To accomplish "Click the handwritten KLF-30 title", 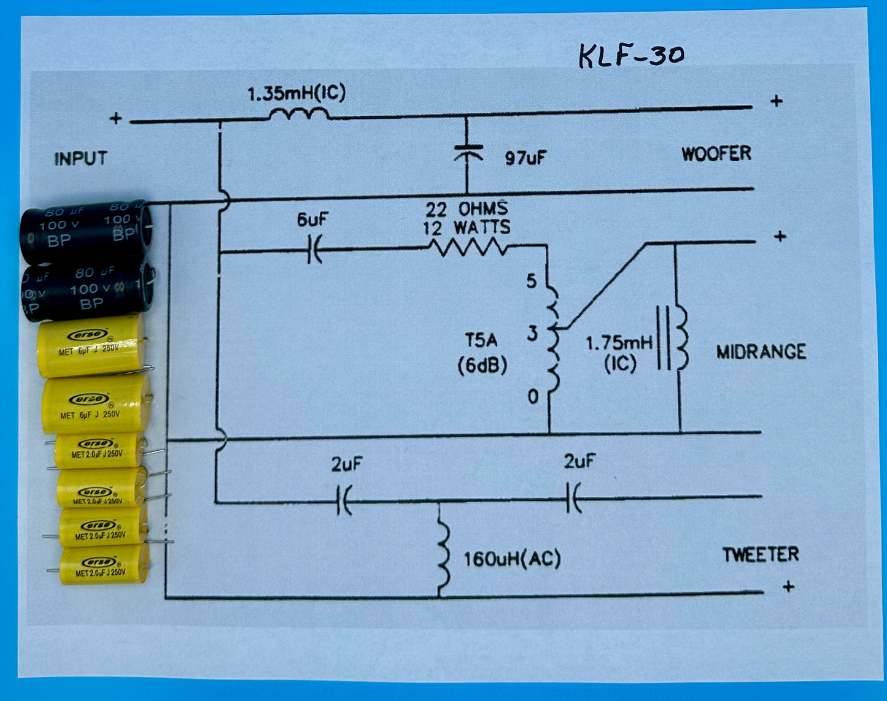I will click(x=632, y=56).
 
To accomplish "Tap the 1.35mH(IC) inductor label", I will click(x=296, y=94).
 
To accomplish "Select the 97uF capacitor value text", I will click(x=525, y=158).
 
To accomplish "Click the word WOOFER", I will click(x=716, y=153).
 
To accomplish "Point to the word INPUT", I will click(x=80, y=159).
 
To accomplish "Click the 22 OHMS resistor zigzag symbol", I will click(x=468, y=248).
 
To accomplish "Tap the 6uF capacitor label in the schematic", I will click(x=311, y=220).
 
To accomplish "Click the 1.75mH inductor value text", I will click(x=619, y=343).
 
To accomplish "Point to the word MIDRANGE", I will click(x=761, y=352).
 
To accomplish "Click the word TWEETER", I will click(x=760, y=555).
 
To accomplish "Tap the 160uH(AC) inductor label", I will click(x=512, y=559).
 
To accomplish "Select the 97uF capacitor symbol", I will click(x=467, y=151).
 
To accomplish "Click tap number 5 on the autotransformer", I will click(x=531, y=281).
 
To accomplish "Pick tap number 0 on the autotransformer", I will click(x=533, y=397).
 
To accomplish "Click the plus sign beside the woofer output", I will click(x=777, y=101).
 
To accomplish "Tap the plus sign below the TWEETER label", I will click(x=789, y=587).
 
